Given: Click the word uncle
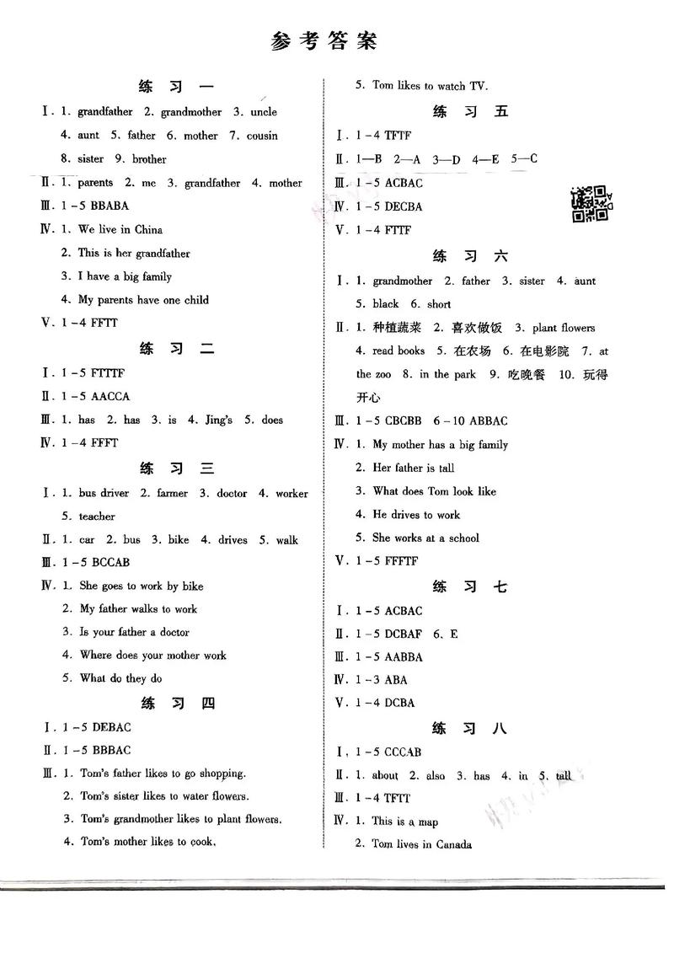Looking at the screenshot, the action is coord(263,111).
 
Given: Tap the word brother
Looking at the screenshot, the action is coord(149,158).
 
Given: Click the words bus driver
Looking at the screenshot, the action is coord(103,493).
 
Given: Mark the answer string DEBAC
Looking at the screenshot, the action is coord(111,726).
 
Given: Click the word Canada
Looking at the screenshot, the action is coord(453,844).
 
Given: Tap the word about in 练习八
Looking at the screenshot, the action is coord(385,776).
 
